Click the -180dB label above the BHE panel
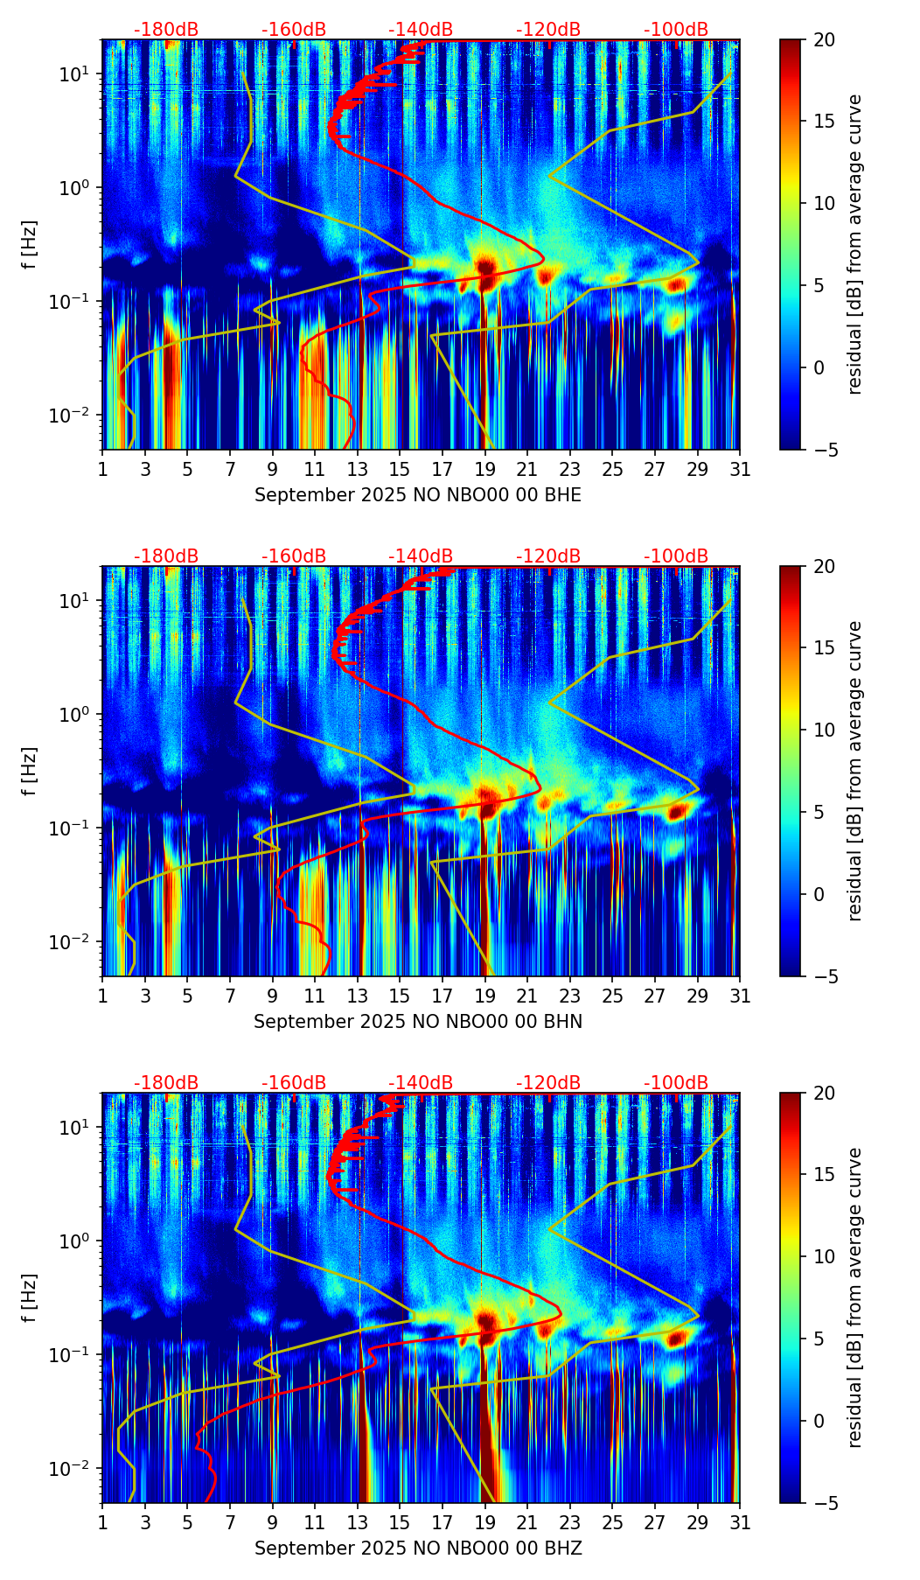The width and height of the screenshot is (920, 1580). coord(166,30)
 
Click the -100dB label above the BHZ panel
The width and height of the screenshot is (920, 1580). coord(676,1083)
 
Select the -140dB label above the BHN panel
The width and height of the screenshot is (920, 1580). coord(421,556)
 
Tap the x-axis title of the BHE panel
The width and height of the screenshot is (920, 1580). coord(418,495)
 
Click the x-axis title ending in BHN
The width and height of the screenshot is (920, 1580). coord(418,1022)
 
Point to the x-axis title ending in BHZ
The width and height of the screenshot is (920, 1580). coord(418,1549)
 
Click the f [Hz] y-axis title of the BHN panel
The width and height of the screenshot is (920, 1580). coord(30,771)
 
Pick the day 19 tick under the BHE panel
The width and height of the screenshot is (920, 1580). coord(485,470)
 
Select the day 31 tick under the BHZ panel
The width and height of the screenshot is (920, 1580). coord(740,1523)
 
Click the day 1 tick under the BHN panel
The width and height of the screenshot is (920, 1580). coord(102,996)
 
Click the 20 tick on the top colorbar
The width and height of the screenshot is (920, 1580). coord(825,39)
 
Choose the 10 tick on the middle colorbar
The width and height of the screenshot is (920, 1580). coord(825,730)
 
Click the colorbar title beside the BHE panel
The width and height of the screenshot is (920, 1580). coord(855,244)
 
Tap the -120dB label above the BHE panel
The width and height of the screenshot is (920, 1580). coord(548,30)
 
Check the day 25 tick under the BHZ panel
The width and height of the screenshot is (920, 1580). coord(612,1523)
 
